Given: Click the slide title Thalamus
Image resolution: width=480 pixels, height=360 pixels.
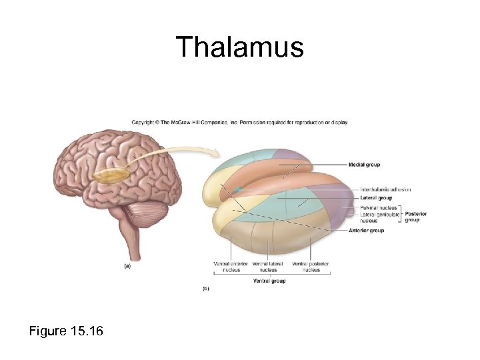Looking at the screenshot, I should tap(240, 48).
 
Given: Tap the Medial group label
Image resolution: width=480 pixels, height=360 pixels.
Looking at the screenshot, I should tap(364, 165).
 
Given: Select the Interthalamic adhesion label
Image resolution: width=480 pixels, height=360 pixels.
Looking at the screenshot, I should tap(385, 190).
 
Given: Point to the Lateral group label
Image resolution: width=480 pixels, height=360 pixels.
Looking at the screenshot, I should tap(376, 198).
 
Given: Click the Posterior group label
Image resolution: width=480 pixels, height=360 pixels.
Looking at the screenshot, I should tap(415, 217).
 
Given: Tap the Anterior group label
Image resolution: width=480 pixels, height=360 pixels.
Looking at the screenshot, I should tap(366, 231).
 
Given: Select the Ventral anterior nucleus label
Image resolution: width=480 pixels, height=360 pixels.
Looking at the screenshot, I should tap(231, 267).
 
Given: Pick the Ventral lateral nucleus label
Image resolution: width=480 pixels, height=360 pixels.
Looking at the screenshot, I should tap(267, 267).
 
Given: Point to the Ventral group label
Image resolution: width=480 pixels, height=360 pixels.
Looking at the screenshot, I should tap(269, 281).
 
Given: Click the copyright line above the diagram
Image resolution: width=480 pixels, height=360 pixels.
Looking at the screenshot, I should tap(239, 123).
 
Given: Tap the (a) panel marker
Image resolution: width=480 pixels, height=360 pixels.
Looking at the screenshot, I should tap(127, 265).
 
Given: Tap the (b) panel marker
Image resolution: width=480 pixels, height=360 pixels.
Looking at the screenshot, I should tap(206, 289).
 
